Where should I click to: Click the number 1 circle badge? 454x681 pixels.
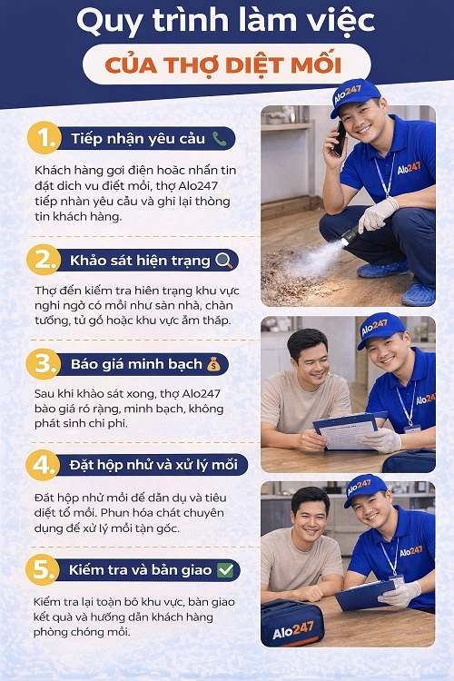click(43, 139)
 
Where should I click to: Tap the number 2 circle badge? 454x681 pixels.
click(43, 261)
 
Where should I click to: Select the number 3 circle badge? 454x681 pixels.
click(43, 365)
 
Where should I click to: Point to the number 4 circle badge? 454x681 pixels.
click(43, 466)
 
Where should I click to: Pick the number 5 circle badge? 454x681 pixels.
click(43, 570)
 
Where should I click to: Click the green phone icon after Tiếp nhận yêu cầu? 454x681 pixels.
click(219, 139)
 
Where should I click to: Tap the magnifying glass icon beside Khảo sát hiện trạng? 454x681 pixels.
click(224, 261)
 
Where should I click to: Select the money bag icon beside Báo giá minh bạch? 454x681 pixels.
click(213, 365)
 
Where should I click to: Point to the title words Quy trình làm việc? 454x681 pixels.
click(227, 22)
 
